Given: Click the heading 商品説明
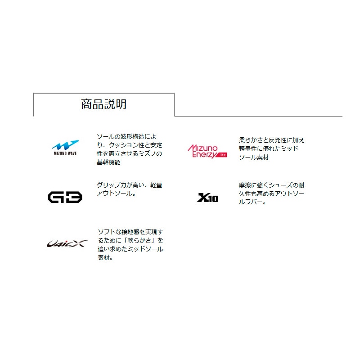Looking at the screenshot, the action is coord(104,104).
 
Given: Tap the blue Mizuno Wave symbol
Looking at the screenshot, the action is coord(65,145).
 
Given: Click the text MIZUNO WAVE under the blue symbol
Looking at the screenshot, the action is coord(65,153).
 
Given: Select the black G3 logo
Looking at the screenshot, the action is coord(65,197).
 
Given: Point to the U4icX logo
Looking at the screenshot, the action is coord(67,243).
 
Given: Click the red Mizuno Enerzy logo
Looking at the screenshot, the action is coord(207,151).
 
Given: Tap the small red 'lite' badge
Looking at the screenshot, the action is coord(222,155).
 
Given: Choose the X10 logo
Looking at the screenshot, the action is coord(207,198).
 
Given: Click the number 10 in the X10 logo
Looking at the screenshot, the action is coord(213,198).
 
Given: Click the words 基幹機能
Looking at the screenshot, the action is coord(108,162).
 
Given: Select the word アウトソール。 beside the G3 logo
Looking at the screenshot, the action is coord(116,193).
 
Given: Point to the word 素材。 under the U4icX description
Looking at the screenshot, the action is coord(105,257).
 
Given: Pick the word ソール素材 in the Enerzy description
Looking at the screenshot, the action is coord(254,157).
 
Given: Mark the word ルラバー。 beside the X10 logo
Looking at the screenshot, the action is coord(252,202).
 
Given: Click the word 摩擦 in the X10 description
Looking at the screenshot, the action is coord(245,185).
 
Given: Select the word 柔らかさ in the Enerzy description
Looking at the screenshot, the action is coord(251,140).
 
